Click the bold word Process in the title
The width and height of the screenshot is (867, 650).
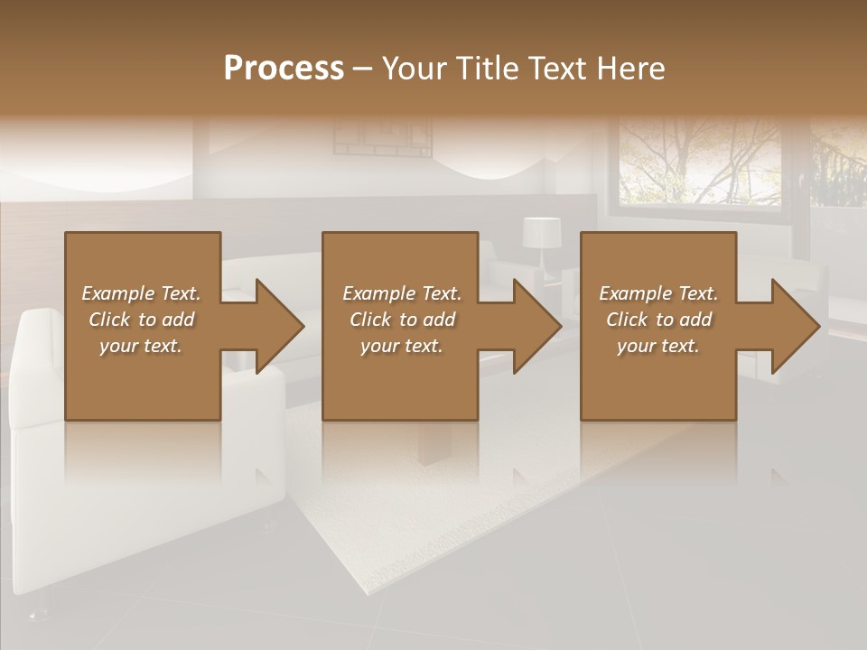(284, 69)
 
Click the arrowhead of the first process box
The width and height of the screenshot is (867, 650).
(280, 326)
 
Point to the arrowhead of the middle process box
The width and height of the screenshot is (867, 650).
(537, 326)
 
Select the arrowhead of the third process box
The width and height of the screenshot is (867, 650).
(796, 326)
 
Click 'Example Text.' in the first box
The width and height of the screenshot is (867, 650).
(141, 293)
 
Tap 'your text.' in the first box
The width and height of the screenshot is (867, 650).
(141, 346)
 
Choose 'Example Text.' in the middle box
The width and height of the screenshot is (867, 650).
(402, 293)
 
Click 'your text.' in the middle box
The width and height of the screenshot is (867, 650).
(402, 346)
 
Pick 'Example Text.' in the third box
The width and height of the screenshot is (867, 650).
(658, 293)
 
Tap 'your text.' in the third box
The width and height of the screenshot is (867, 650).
(658, 346)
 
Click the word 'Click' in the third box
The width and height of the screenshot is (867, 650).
(628, 320)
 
